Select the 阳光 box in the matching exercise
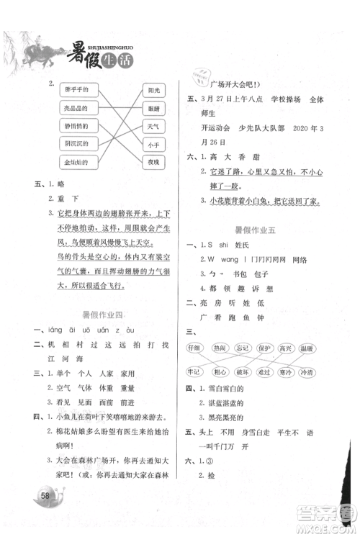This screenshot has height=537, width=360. tap(153, 91)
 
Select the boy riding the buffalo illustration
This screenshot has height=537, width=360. tap(36, 54)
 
